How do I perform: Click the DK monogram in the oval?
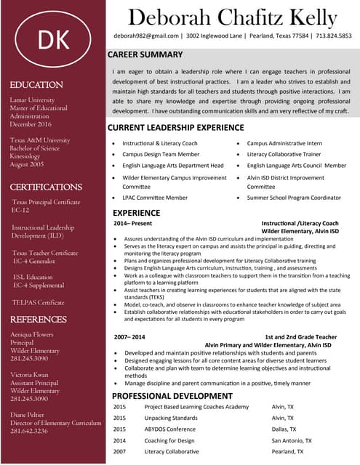53,41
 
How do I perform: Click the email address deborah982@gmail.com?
146,36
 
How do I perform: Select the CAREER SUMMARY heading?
145,54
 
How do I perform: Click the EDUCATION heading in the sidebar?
36,85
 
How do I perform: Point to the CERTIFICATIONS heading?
46,187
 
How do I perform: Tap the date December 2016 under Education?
32,124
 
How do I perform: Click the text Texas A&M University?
40,139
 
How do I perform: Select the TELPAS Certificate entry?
38,302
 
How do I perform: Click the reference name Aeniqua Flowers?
32,334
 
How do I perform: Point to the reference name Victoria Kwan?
30,374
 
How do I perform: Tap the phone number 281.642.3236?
29,431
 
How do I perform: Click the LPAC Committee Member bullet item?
155,198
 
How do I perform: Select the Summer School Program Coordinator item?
294,198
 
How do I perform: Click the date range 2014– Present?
132,223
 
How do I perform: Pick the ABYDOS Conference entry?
170,429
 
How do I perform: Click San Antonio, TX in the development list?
292,440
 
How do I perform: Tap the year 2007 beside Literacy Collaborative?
119,451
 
